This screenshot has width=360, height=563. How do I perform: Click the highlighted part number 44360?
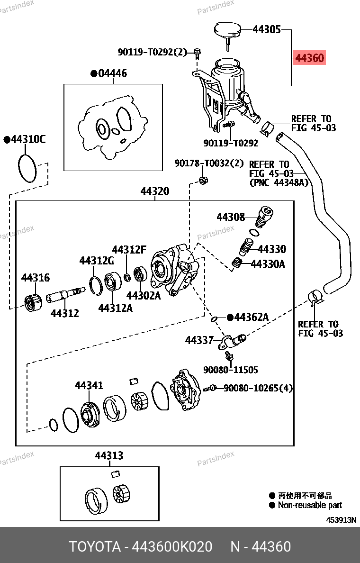(309, 58)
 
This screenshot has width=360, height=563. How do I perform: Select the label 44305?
(266, 30)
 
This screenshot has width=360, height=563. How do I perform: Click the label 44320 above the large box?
(154, 191)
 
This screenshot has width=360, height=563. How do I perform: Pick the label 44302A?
(143, 295)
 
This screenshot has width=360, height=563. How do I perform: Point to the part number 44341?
(89, 385)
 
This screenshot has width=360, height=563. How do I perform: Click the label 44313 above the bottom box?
(109, 455)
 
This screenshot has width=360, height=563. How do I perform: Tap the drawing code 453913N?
(341, 519)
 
